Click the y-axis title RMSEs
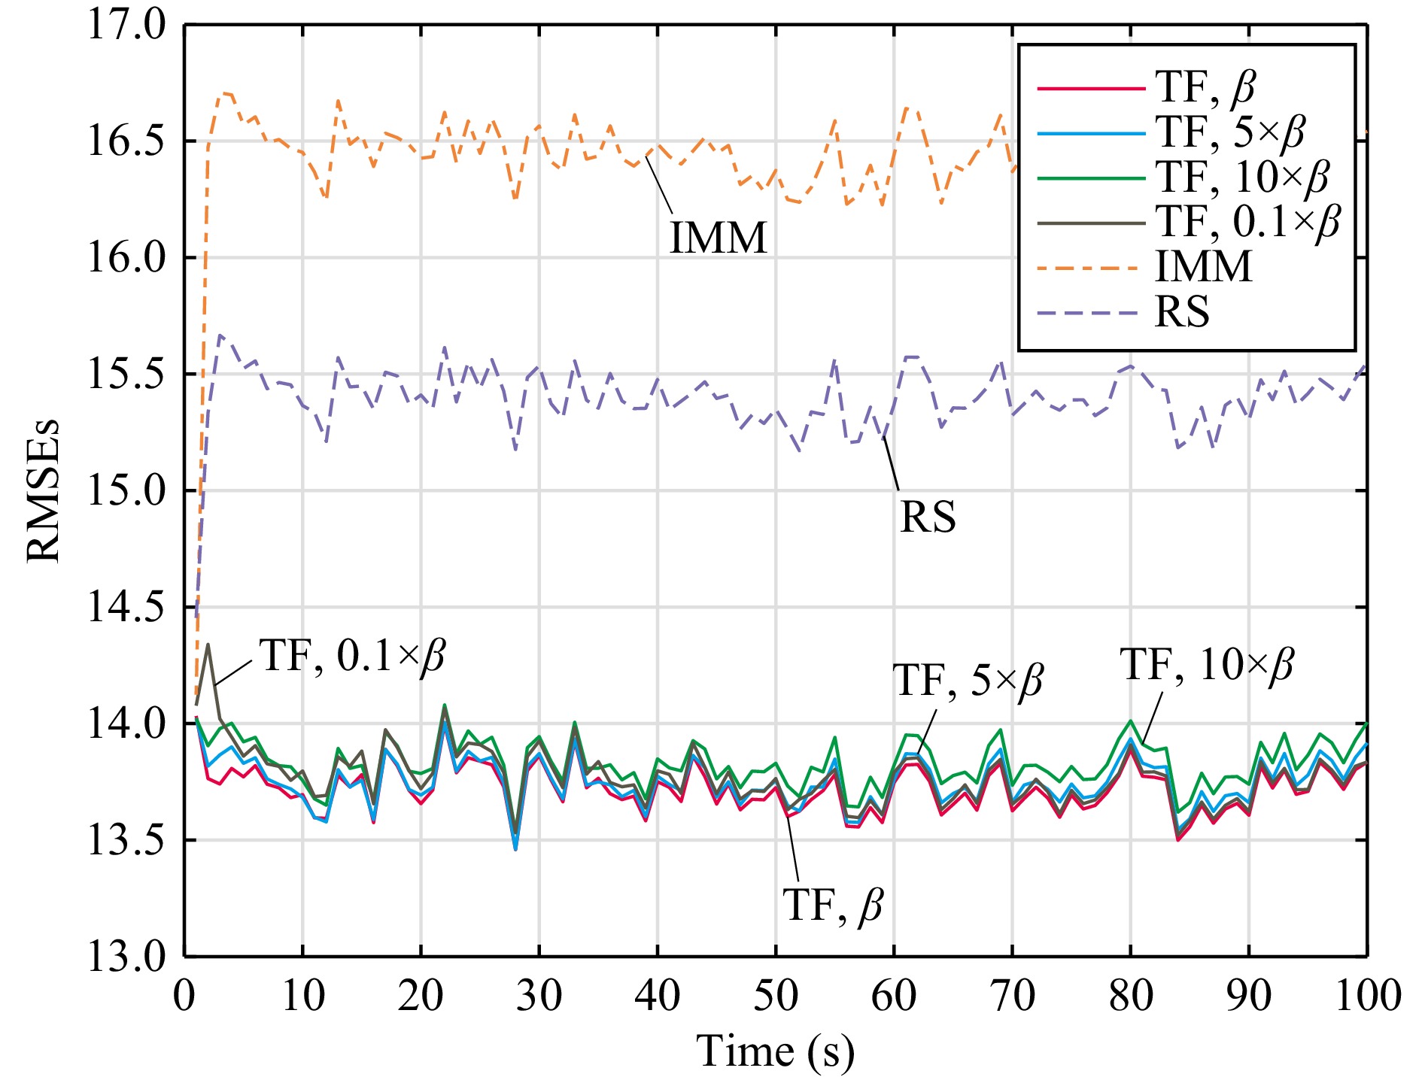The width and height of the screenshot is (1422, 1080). [x=43, y=491]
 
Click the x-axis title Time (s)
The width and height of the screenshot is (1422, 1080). [x=775, y=1051]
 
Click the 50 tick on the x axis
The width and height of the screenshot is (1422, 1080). [x=775, y=996]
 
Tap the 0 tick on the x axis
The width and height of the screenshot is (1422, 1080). [x=184, y=996]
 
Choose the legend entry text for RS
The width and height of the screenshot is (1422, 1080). [x=1182, y=312]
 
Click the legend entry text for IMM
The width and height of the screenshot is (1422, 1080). [x=1204, y=267]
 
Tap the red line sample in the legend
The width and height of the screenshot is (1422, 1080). [x=1091, y=89]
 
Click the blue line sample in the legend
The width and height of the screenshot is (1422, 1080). [x=1091, y=133]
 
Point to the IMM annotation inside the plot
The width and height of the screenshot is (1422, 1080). [x=719, y=238]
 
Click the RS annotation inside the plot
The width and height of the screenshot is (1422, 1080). [x=928, y=517]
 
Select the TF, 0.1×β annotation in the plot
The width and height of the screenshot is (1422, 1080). [x=352, y=657]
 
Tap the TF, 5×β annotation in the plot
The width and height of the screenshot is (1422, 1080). [x=968, y=681]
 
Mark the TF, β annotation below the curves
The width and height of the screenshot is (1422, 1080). [x=832, y=905]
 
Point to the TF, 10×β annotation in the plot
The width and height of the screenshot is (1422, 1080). [x=1207, y=665]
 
